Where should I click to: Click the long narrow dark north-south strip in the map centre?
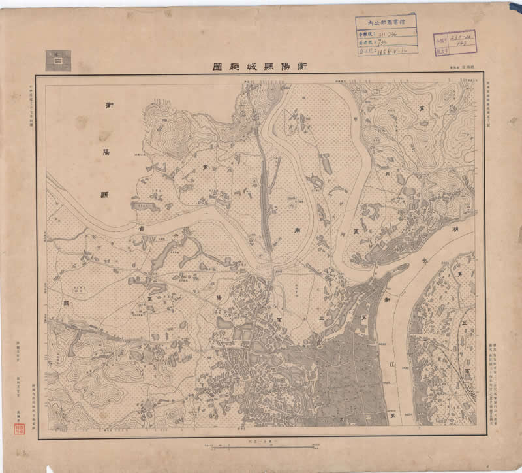(x=265, y=203)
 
